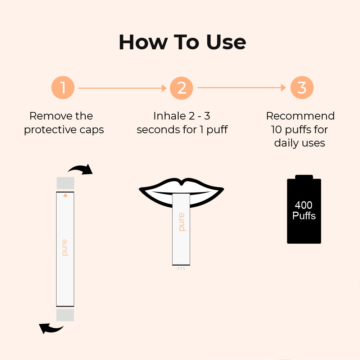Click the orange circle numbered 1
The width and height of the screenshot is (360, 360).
click(x=63, y=87)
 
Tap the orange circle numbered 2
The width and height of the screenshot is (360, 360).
click(x=181, y=88)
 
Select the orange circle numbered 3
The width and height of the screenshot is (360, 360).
click(x=302, y=87)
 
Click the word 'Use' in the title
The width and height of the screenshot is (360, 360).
click(x=226, y=42)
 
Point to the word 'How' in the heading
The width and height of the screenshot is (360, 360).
click(x=143, y=42)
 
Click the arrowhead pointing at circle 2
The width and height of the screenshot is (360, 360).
click(x=164, y=88)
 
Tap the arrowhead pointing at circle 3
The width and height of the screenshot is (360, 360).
click(x=284, y=87)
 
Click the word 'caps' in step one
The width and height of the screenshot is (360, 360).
click(x=91, y=130)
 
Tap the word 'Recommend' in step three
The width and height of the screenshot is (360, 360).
click(x=300, y=116)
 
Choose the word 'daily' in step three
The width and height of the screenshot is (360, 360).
click(x=287, y=143)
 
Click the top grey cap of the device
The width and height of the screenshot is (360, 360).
click(x=66, y=183)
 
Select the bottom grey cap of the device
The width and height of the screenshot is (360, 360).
click(x=65, y=315)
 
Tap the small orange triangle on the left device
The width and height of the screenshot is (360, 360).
click(x=66, y=195)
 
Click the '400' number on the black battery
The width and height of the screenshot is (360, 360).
click(x=303, y=205)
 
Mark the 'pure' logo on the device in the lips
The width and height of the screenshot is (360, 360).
click(x=181, y=222)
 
